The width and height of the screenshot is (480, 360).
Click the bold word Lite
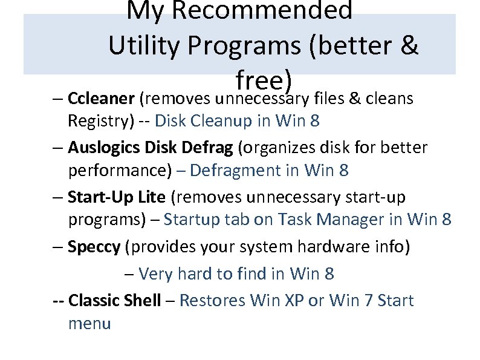pyautogui.click(x=154, y=197)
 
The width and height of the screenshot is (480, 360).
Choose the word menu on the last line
pyautogui.click(x=89, y=324)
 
